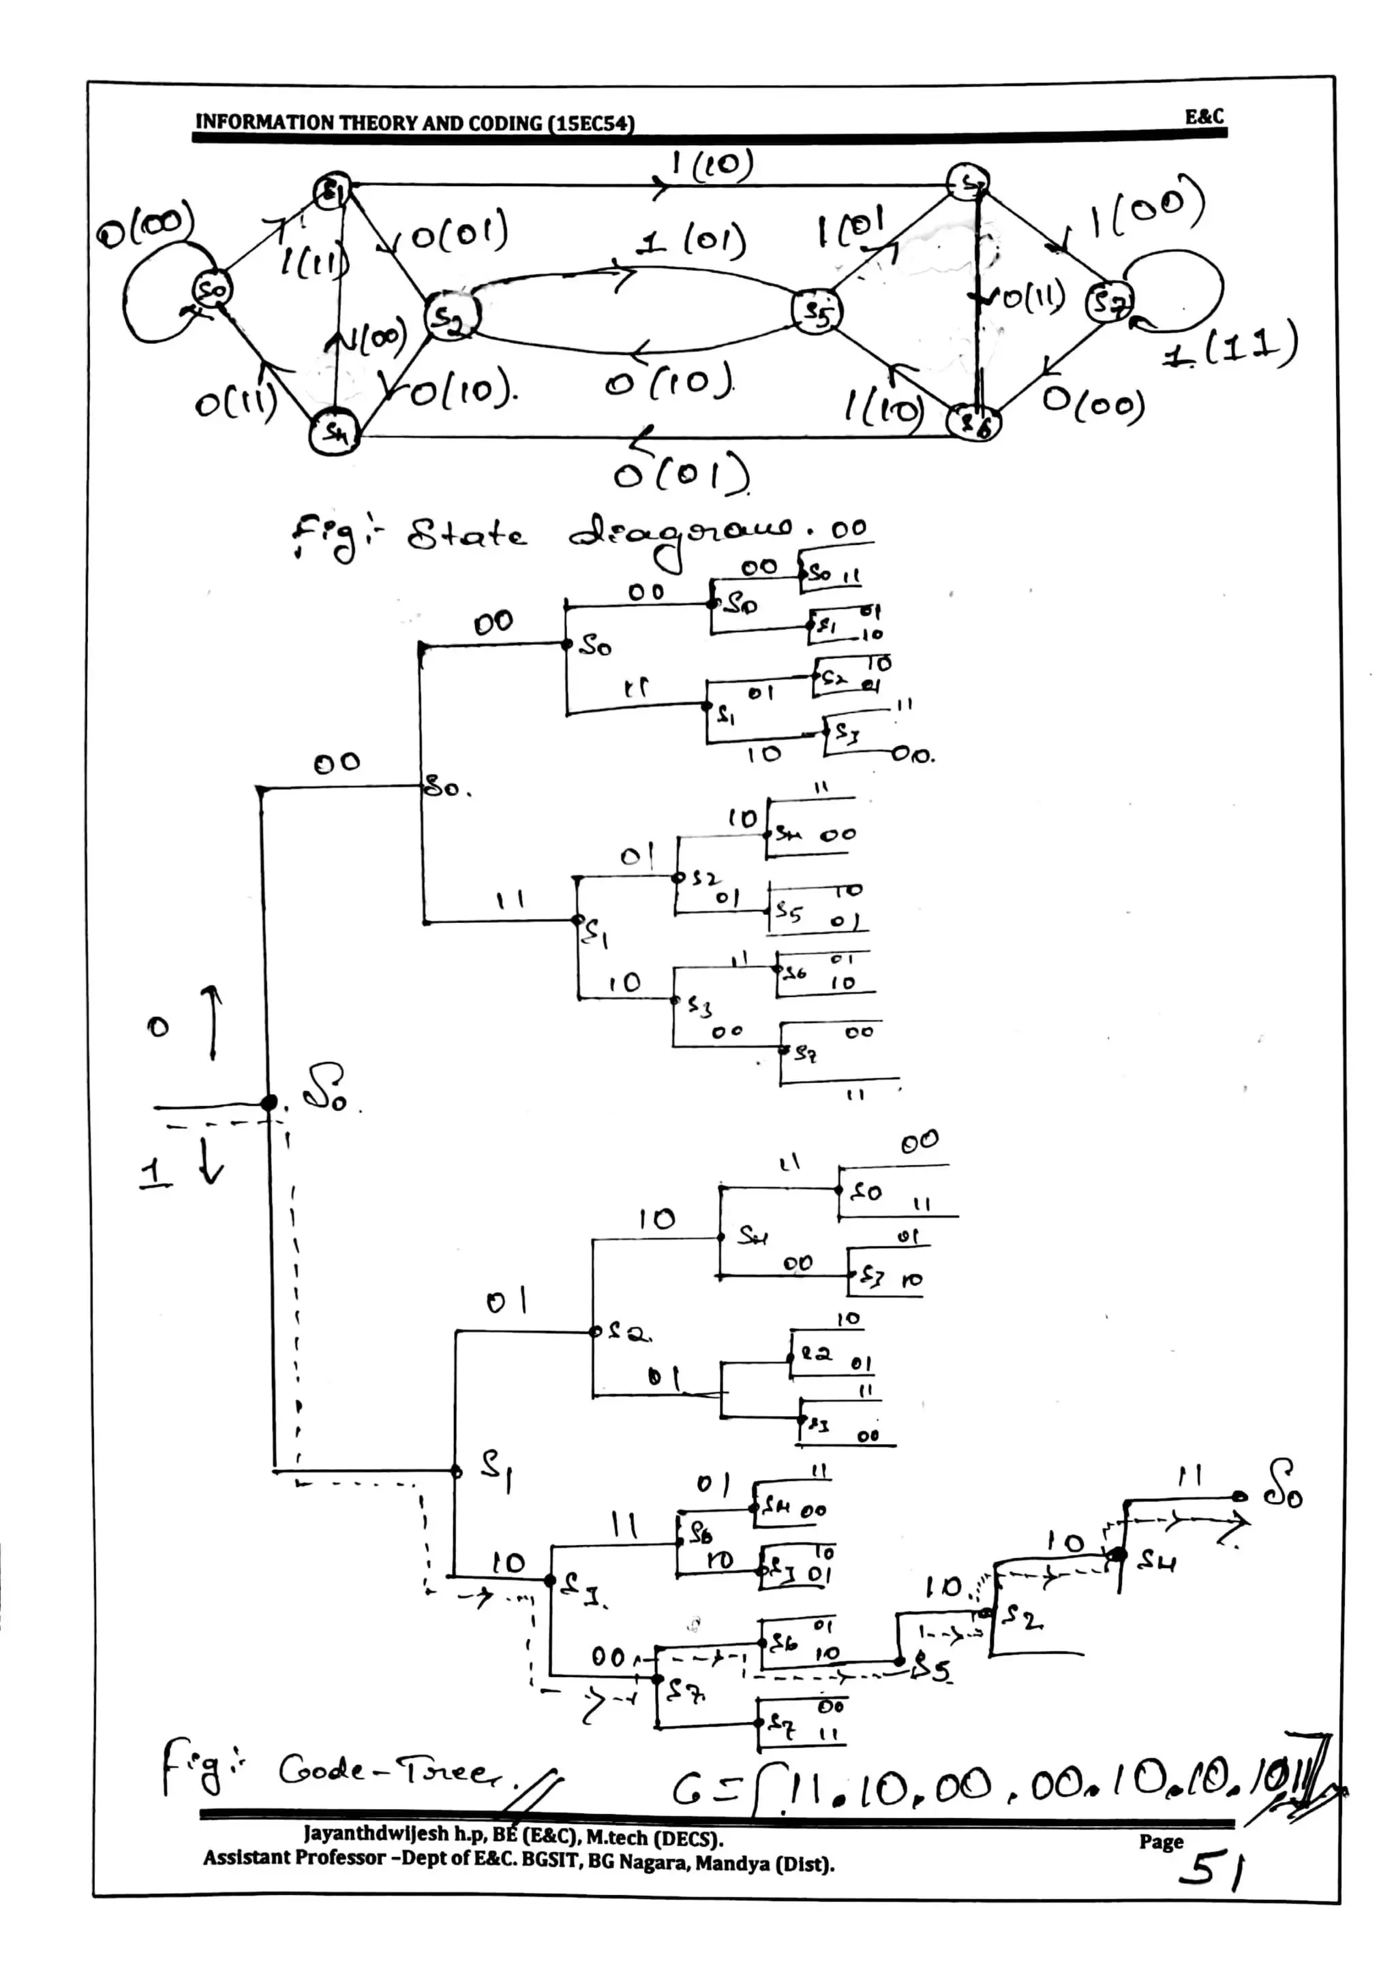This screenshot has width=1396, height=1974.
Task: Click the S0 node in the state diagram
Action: coord(211,292)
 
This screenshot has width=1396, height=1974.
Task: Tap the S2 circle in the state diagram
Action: coord(447,316)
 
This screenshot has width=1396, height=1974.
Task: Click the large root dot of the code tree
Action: coord(269,1102)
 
